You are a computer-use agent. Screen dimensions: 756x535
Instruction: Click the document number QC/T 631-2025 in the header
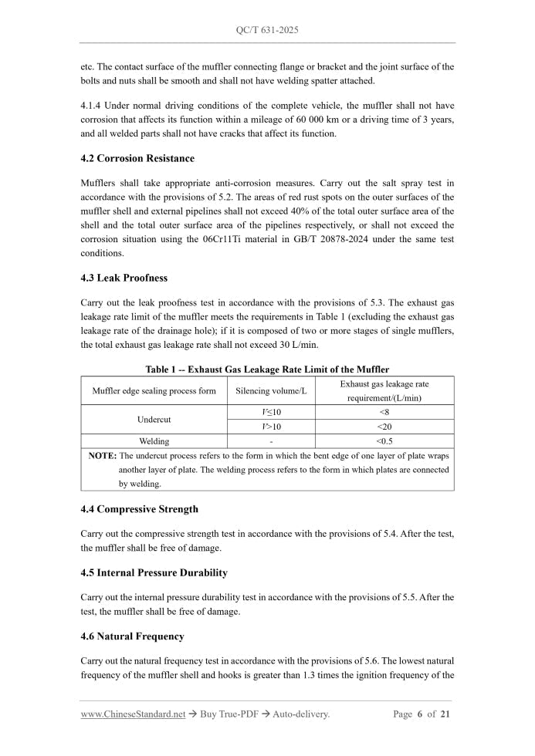coord(267,30)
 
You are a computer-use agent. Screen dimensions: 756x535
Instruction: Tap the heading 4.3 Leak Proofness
coord(124,278)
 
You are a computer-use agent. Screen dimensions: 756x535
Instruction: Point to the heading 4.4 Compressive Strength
coord(139,509)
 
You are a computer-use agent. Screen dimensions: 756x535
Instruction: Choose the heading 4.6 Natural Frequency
coord(132,636)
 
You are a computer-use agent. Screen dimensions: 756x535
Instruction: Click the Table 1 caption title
coord(267,370)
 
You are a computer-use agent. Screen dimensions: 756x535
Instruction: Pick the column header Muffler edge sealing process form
coord(154,391)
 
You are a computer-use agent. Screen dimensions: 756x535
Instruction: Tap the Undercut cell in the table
coord(154,420)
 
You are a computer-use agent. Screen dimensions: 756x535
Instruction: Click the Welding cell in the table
coord(154,441)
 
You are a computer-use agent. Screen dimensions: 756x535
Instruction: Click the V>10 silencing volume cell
coord(271,427)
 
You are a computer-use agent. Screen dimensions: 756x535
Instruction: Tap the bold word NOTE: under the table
coord(103,456)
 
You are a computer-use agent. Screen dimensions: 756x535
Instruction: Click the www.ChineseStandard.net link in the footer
coord(133,714)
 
